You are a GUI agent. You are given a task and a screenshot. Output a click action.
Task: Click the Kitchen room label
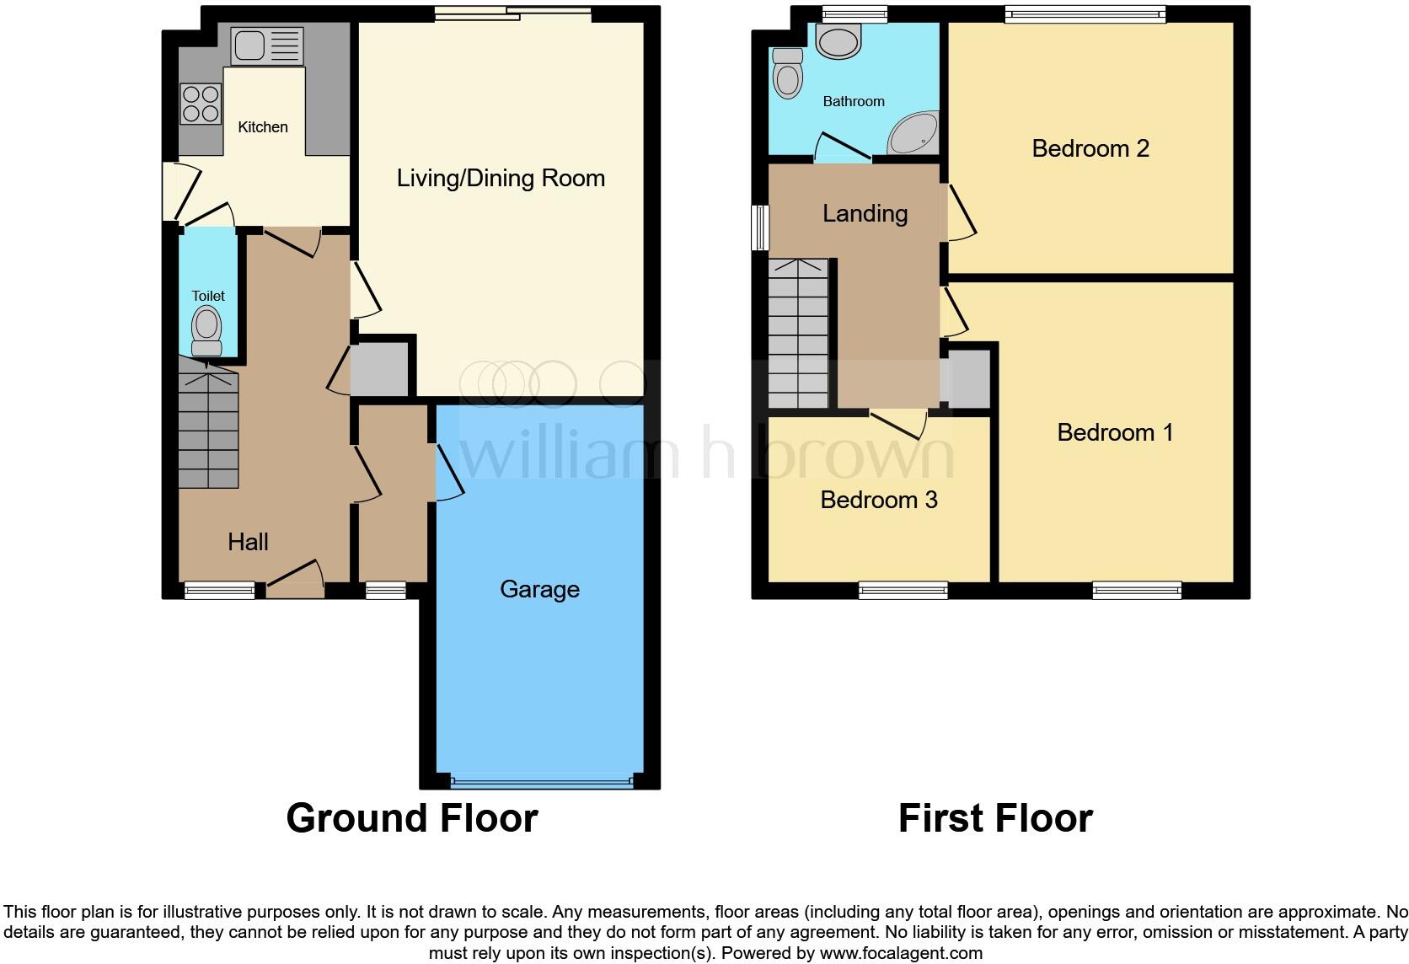pos(263,127)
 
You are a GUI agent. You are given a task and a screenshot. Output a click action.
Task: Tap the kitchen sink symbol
pos(266,46)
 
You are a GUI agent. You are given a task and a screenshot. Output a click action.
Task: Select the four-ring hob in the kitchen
pos(201,104)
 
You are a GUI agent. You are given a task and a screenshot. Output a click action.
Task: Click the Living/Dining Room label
pos(501,179)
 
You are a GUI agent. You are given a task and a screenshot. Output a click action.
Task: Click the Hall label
pos(248,542)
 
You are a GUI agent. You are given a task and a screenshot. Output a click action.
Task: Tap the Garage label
pos(539,589)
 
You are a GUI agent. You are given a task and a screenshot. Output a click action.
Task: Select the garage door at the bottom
pos(541,782)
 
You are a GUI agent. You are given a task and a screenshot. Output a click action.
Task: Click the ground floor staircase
pos(208,426)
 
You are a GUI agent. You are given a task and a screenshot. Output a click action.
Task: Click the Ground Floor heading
pos(411,818)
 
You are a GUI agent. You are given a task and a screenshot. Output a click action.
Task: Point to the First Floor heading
pos(995,818)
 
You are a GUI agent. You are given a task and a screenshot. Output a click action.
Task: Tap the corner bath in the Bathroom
pos(913,133)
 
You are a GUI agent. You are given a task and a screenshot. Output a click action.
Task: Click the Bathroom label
pos(854,102)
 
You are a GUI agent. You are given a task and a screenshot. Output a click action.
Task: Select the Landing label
pos(865,214)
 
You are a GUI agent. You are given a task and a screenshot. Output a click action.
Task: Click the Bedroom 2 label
pos(1090,149)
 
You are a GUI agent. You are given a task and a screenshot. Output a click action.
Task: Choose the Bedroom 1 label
pos(1115,433)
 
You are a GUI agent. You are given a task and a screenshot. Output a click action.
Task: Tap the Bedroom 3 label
pos(879,501)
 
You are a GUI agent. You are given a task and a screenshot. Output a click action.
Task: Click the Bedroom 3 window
pos(903,591)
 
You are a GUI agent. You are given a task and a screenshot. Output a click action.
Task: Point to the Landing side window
pos(760,228)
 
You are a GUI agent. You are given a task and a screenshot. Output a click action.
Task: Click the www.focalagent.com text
pos(901,954)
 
